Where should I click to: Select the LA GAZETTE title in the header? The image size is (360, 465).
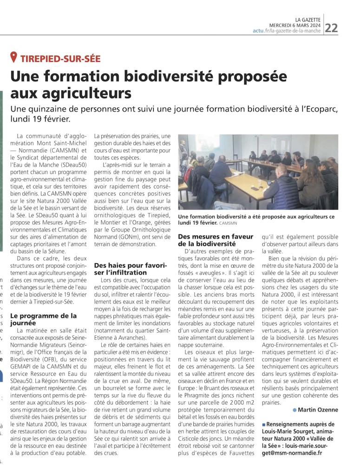[x=311, y=19]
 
